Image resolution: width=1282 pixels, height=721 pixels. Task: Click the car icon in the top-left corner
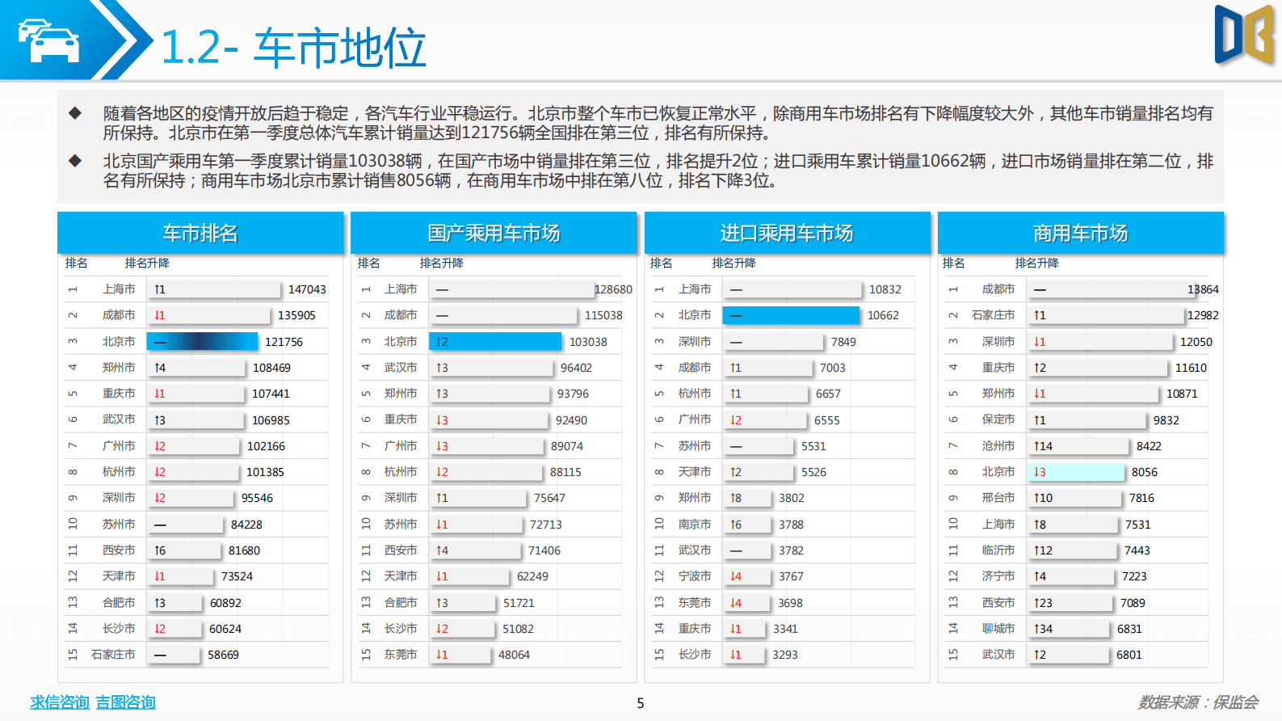click(48, 40)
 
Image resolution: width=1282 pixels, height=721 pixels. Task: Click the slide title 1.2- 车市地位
click(293, 48)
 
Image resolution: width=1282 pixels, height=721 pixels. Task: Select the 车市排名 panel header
click(200, 234)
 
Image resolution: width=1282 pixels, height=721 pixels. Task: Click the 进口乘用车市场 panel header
click(787, 234)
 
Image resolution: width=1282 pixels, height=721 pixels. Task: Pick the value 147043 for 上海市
click(307, 289)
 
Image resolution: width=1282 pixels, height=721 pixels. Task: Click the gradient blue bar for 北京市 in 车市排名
click(202, 342)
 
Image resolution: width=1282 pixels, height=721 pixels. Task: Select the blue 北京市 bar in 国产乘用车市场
click(494, 342)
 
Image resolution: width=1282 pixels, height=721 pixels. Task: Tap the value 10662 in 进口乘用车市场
click(883, 315)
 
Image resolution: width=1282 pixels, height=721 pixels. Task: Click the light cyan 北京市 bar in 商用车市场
click(1076, 472)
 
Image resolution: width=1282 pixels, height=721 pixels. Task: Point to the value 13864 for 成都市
click(1203, 289)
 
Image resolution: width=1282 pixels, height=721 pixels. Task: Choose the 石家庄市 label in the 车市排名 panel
click(113, 655)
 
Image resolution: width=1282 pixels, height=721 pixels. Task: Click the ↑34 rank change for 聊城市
click(1043, 629)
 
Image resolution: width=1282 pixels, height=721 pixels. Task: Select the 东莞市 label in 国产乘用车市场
click(401, 655)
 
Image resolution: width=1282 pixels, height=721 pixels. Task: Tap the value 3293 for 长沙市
click(784, 655)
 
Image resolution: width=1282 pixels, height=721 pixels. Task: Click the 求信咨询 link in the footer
click(60, 702)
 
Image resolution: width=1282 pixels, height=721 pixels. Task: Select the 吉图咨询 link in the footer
click(125, 702)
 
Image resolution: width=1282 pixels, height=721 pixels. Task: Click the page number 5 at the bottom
click(641, 703)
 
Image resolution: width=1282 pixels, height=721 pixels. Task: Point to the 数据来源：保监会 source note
click(1198, 702)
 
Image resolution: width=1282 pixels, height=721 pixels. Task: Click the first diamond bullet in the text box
click(75, 113)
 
